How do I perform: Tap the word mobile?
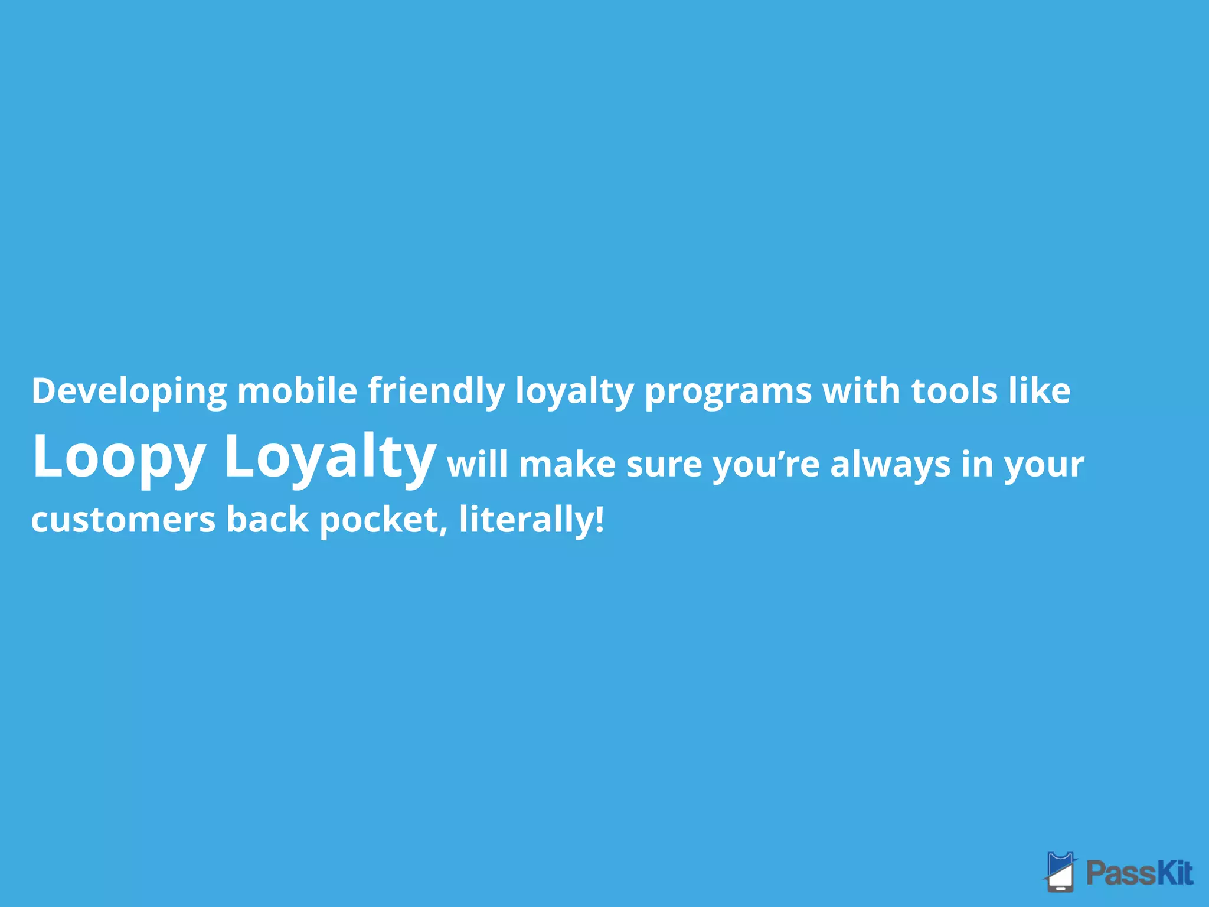[297, 391]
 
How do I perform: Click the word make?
[567, 464]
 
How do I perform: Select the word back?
[267, 520]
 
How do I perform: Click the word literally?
[526, 520]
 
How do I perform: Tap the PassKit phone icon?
[1061, 872]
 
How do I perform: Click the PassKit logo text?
[1139, 873]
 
